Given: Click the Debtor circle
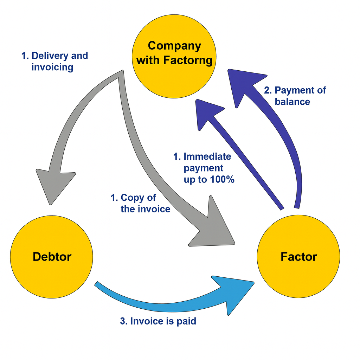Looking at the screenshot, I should [x=51, y=257].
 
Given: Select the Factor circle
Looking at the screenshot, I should [x=298, y=257].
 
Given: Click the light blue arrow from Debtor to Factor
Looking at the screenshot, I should [x=158, y=301].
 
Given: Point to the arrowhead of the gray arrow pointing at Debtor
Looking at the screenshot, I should [x=54, y=185].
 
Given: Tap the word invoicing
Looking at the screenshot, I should [x=52, y=67].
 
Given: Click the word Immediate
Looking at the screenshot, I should [x=207, y=156].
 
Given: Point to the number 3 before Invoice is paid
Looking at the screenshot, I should [x=123, y=321].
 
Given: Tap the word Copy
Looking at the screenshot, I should [x=130, y=198].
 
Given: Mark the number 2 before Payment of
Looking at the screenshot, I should [x=267, y=90].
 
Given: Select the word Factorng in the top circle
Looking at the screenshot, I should [x=188, y=60].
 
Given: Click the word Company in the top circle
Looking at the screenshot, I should [x=174, y=45].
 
